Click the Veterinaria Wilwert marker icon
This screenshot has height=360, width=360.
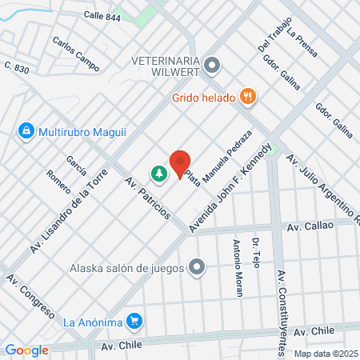coord(212,64)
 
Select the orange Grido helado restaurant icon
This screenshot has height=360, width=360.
coord(250,98)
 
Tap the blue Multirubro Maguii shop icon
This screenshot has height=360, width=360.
coord(26,130)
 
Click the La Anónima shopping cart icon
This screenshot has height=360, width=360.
coord(135,322)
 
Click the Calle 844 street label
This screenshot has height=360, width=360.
coord(102,16)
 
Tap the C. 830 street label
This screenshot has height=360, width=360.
coord(16,69)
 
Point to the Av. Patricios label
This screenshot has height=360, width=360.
coord(147,198)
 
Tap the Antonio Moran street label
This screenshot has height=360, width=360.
coord(237,268)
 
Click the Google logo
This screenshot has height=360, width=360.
coord(26,350)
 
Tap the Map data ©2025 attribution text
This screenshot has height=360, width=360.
coord(324,353)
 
